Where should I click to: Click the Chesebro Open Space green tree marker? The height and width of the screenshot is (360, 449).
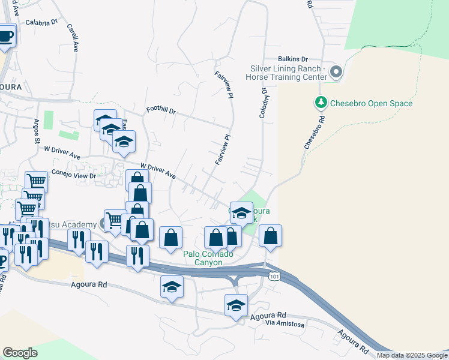click(321, 103)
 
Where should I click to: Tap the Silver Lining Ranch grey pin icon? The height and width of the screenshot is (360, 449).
click(336, 73)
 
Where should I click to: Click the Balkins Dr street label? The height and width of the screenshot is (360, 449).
click(292, 59)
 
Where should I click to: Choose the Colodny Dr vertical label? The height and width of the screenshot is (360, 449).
click(264, 102)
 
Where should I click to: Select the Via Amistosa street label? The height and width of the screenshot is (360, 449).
click(285, 324)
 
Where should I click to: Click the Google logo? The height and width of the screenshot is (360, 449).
click(20, 353)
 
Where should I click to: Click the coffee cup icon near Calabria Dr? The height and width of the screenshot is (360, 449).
click(5, 35)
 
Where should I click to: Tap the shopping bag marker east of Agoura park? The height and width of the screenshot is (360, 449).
click(271, 236)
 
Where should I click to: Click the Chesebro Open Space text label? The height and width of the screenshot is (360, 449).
click(372, 103)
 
